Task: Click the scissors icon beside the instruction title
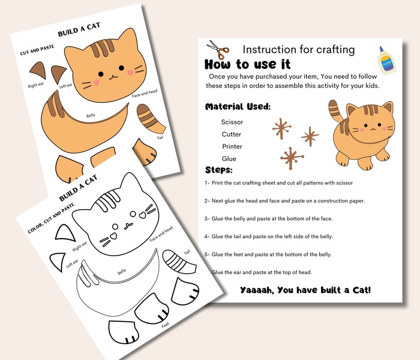218,50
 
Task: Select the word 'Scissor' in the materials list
232,122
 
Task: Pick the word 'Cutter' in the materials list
232,134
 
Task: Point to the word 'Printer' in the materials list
232,147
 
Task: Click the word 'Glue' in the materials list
229,159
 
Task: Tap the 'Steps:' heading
218,170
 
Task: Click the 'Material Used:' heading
238,107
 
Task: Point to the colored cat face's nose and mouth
112,76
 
